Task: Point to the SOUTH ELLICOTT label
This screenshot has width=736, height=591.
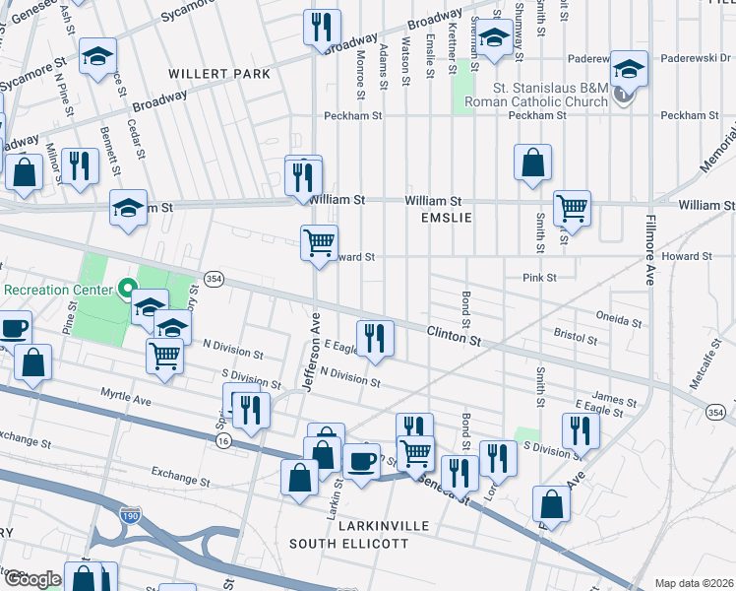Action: [x=348, y=544]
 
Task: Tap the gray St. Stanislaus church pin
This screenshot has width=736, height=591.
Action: [x=622, y=96]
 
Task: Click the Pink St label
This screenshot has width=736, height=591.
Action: [x=540, y=278]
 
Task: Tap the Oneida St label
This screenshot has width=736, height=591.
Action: [x=618, y=321]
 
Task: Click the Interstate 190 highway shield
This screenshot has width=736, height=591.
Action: [x=129, y=514]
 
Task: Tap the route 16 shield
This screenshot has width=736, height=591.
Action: [x=224, y=442]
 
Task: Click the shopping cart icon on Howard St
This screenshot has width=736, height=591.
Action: [x=319, y=241]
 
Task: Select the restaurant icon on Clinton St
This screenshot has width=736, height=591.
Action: [x=374, y=337]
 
